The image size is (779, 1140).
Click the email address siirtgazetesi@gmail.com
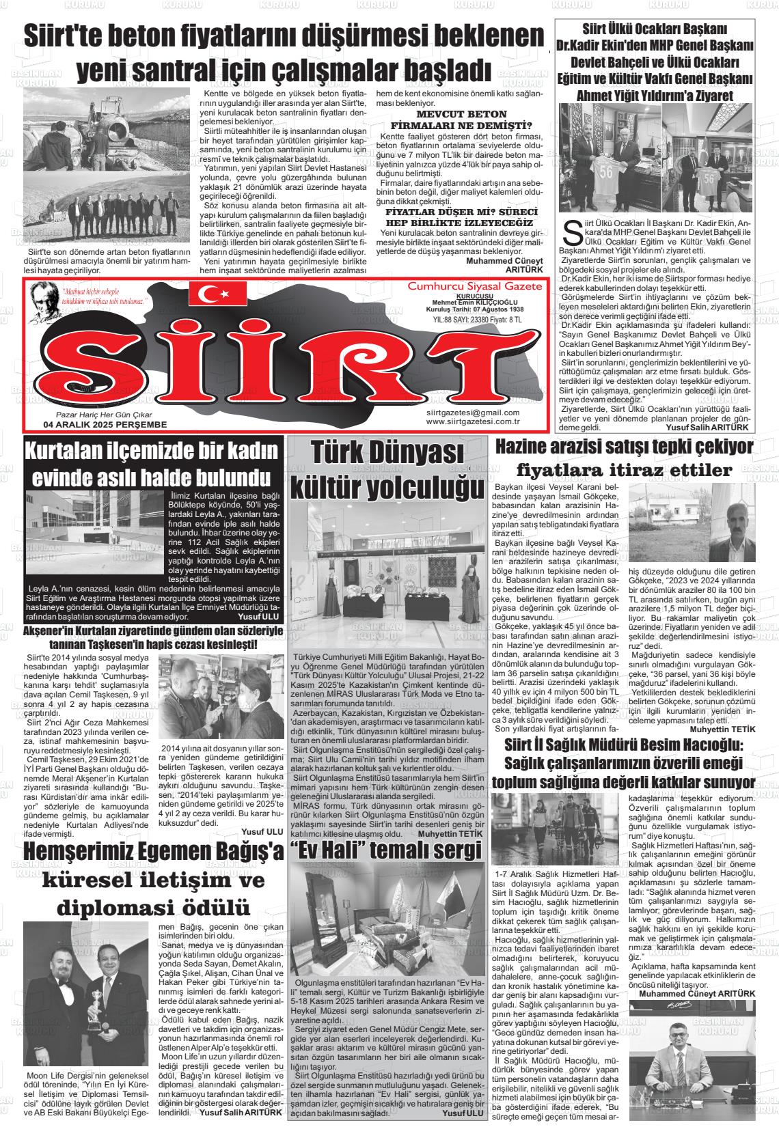click(472, 412)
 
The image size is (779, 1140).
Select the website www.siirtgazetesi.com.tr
click(472, 421)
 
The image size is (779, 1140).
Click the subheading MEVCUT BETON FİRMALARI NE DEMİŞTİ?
click(461, 119)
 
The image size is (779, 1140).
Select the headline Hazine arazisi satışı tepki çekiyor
click(624, 447)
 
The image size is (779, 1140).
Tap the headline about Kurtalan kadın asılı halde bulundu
click(152, 462)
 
